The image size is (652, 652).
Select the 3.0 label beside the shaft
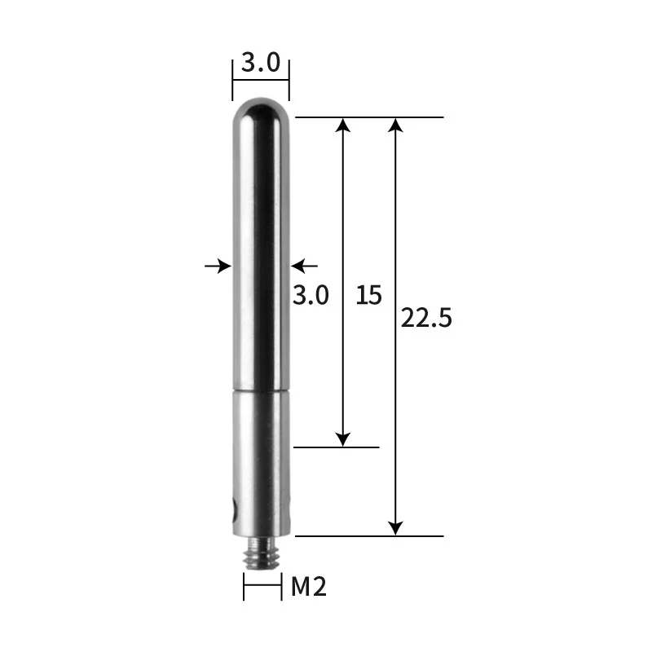click(x=311, y=294)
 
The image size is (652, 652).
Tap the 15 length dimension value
click(x=368, y=294)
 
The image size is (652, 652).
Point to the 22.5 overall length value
click(x=425, y=318)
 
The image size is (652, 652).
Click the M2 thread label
click(x=309, y=586)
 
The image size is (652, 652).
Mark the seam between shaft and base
click(x=261, y=390)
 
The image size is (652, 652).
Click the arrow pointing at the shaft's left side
click(x=219, y=265)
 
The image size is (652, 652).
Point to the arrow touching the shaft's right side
click(x=303, y=265)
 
